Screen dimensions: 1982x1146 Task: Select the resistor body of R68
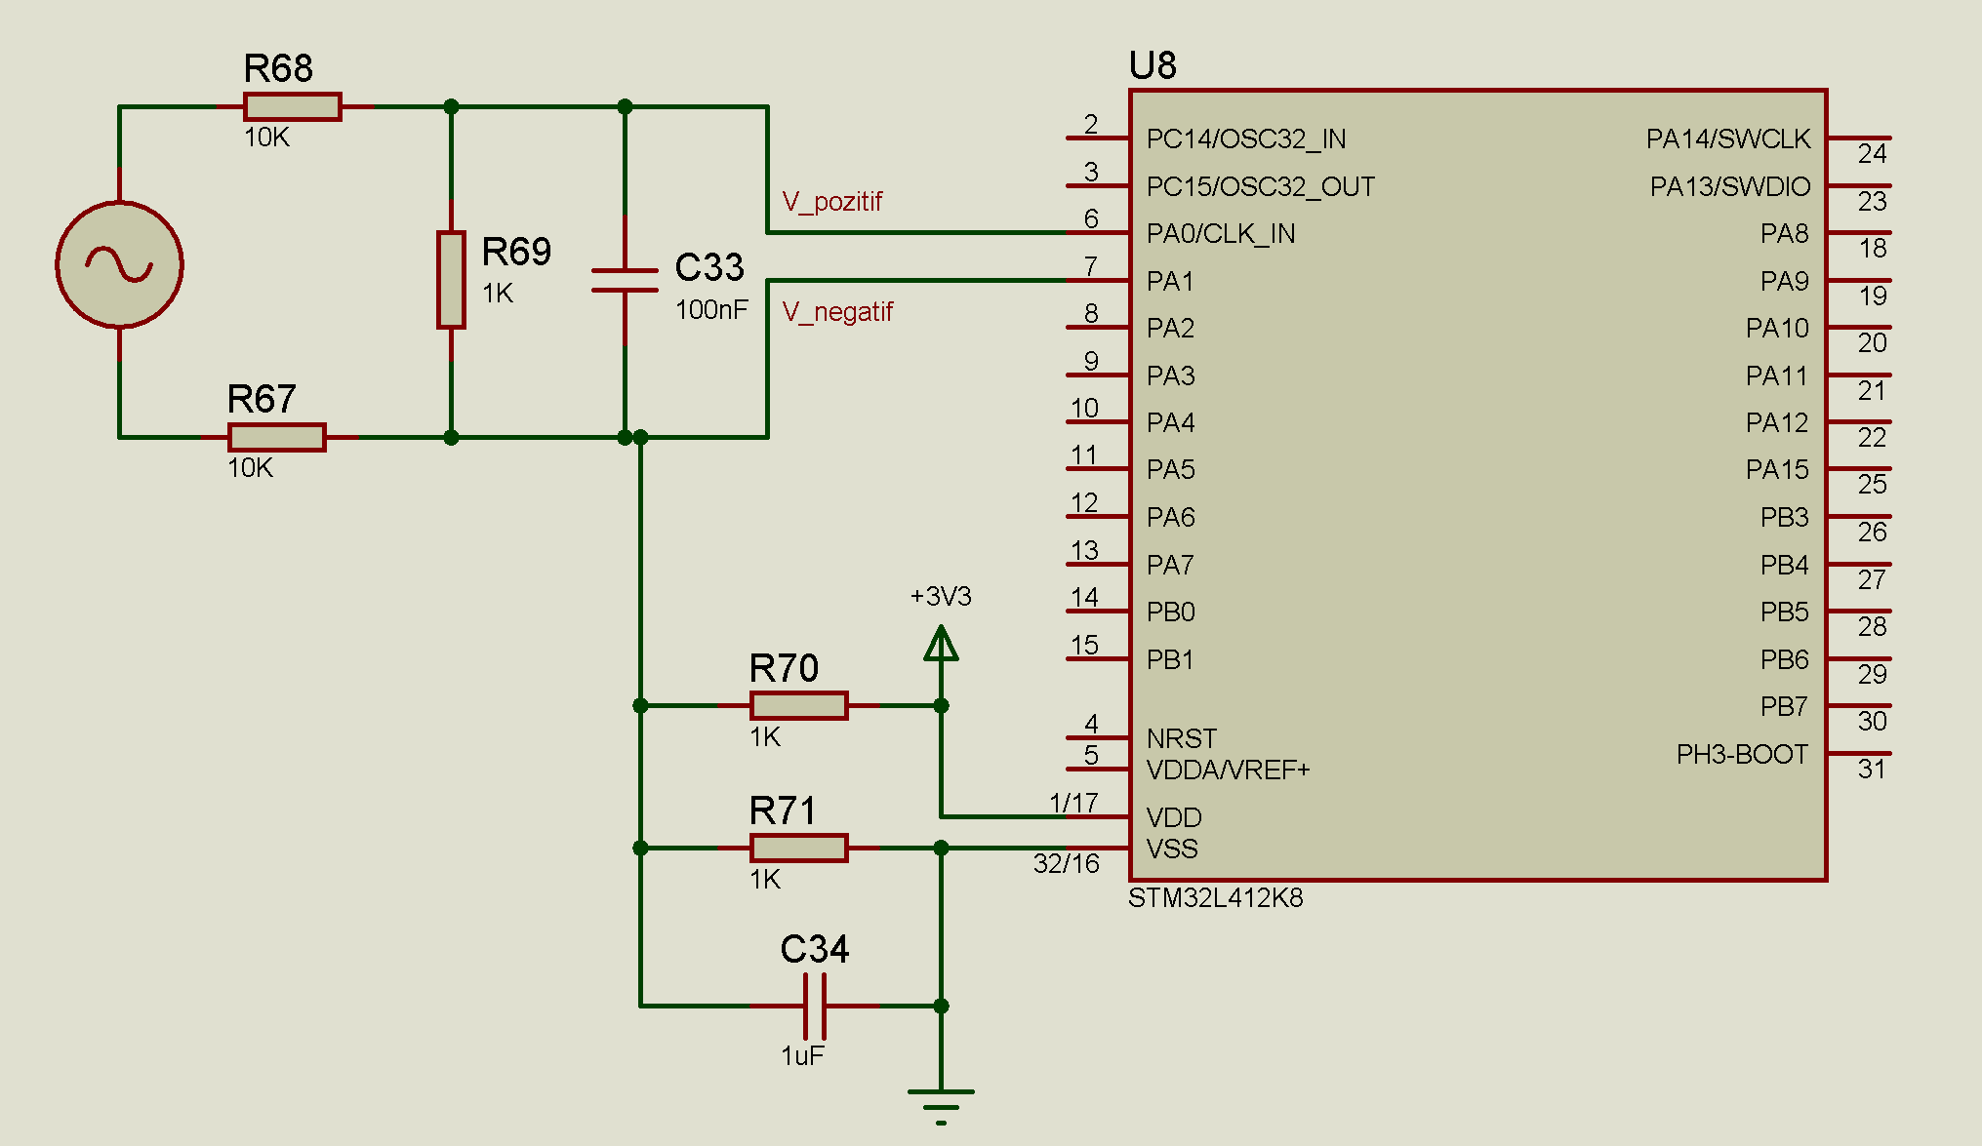(292, 106)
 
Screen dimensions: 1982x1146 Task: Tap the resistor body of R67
(276, 437)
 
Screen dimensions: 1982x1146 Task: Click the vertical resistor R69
(451, 280)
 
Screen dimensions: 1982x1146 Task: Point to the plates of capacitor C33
(625, 280)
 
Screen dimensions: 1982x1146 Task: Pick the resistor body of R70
(798, 705)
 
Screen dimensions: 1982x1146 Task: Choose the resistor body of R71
(798, 848)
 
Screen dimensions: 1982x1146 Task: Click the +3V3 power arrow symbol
(941, 644)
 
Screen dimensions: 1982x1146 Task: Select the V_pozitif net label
(832, 202)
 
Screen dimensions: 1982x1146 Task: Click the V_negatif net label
(837, 312)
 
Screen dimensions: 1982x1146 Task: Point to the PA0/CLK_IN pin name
(1221, 234)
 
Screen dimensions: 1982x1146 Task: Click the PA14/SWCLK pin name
(1728, 139)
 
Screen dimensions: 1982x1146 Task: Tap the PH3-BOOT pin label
(1742, 754)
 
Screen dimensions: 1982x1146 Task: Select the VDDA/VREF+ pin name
(1228, 771)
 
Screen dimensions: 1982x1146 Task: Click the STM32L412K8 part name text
(1215, 897)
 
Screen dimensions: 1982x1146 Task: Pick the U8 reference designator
(1153, 65)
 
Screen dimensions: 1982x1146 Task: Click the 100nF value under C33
(711, 310)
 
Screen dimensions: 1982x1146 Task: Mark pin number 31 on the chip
(1872, 770)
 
